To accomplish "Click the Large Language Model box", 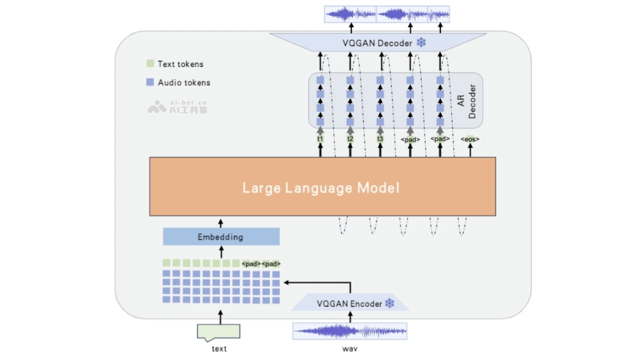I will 322,187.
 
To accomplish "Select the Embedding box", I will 221,236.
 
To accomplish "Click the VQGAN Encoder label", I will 349,304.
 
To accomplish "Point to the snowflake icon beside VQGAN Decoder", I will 421,43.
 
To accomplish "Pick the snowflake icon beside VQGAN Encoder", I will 390,303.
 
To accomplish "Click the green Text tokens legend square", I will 150,64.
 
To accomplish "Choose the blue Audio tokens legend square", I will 150,83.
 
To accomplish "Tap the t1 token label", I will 320,139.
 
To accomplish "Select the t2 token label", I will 350,139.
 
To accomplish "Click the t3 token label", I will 380,139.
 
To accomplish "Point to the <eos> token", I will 470,139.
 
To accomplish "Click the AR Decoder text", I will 466,101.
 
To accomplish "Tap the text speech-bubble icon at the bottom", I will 219,332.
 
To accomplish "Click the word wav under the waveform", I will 350,349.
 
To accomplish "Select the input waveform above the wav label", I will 350,331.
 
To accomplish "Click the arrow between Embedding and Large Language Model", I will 221,222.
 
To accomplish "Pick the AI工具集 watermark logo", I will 157,107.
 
